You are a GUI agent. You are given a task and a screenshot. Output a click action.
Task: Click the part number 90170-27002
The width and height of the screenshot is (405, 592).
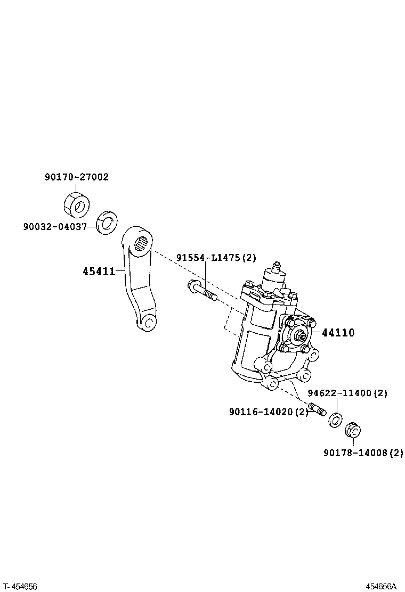point(77,177)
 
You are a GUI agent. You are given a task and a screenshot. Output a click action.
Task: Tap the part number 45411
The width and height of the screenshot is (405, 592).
point(99,272)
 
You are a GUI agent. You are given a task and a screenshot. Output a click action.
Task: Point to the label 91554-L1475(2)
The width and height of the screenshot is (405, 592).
point(216,258)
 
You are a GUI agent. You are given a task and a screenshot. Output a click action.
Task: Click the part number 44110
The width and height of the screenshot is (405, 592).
point(337,333)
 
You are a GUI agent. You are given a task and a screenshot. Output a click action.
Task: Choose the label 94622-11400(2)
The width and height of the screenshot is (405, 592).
point(347,393)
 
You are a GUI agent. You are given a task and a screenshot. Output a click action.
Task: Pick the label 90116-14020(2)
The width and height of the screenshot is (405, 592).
point(269,412)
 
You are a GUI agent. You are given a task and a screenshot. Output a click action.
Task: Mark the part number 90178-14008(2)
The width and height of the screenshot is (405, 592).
point(363,453)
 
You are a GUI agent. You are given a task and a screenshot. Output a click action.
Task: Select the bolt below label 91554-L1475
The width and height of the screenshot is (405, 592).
point(201,291)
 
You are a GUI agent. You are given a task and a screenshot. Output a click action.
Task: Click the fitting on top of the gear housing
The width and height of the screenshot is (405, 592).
point(276,266)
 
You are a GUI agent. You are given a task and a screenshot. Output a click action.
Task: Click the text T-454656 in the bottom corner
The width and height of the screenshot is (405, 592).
point(19,586)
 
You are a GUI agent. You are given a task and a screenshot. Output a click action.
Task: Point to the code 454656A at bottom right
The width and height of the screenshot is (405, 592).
point(381,586)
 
